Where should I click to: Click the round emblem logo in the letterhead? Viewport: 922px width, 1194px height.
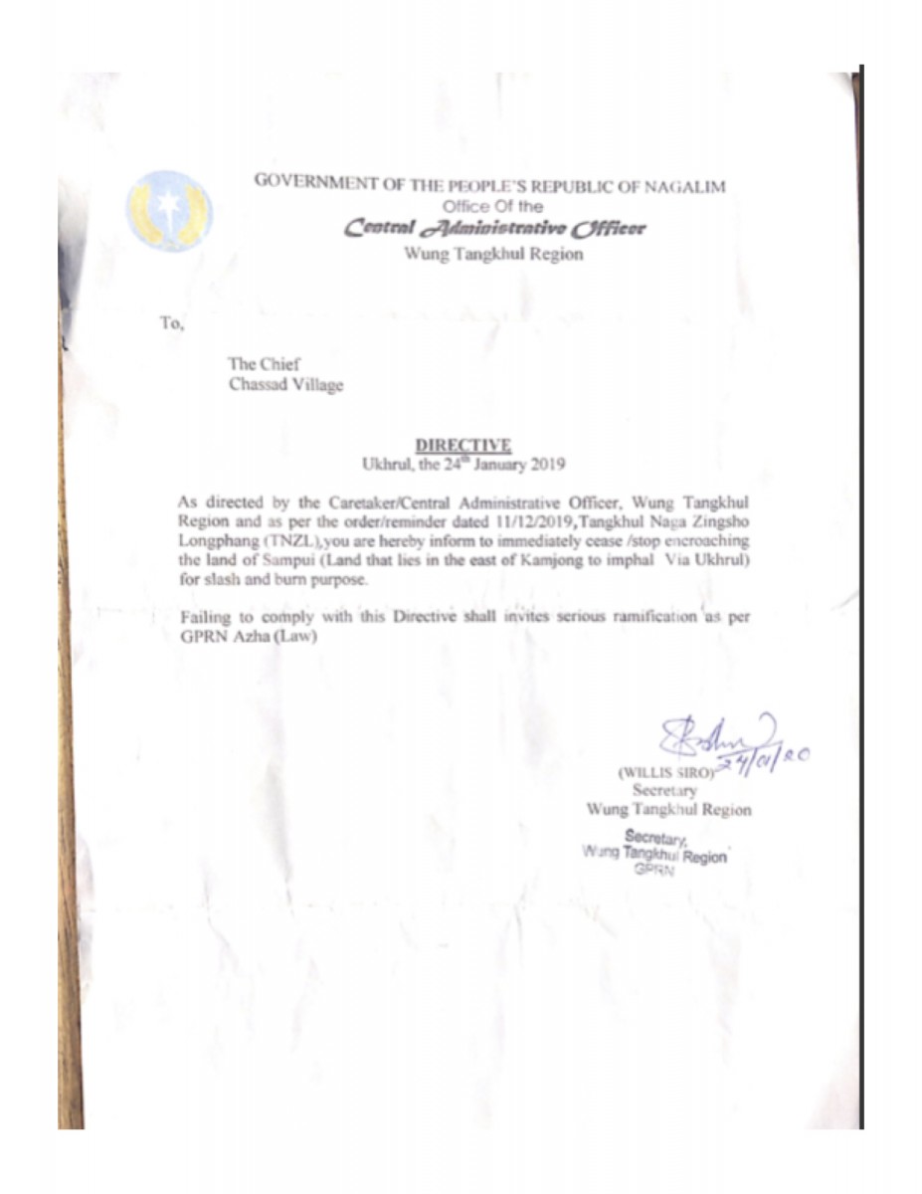168,210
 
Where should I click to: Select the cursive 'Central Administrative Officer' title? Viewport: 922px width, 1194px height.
494,229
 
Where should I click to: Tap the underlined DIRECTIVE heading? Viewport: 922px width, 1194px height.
462,444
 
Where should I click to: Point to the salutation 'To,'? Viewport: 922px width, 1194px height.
171,321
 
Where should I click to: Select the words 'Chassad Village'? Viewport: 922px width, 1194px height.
285,385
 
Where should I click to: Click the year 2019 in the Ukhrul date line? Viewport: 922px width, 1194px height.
546,462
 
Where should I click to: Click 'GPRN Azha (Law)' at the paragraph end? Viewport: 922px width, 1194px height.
248,637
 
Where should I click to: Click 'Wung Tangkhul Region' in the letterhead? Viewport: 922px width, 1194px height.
493,254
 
